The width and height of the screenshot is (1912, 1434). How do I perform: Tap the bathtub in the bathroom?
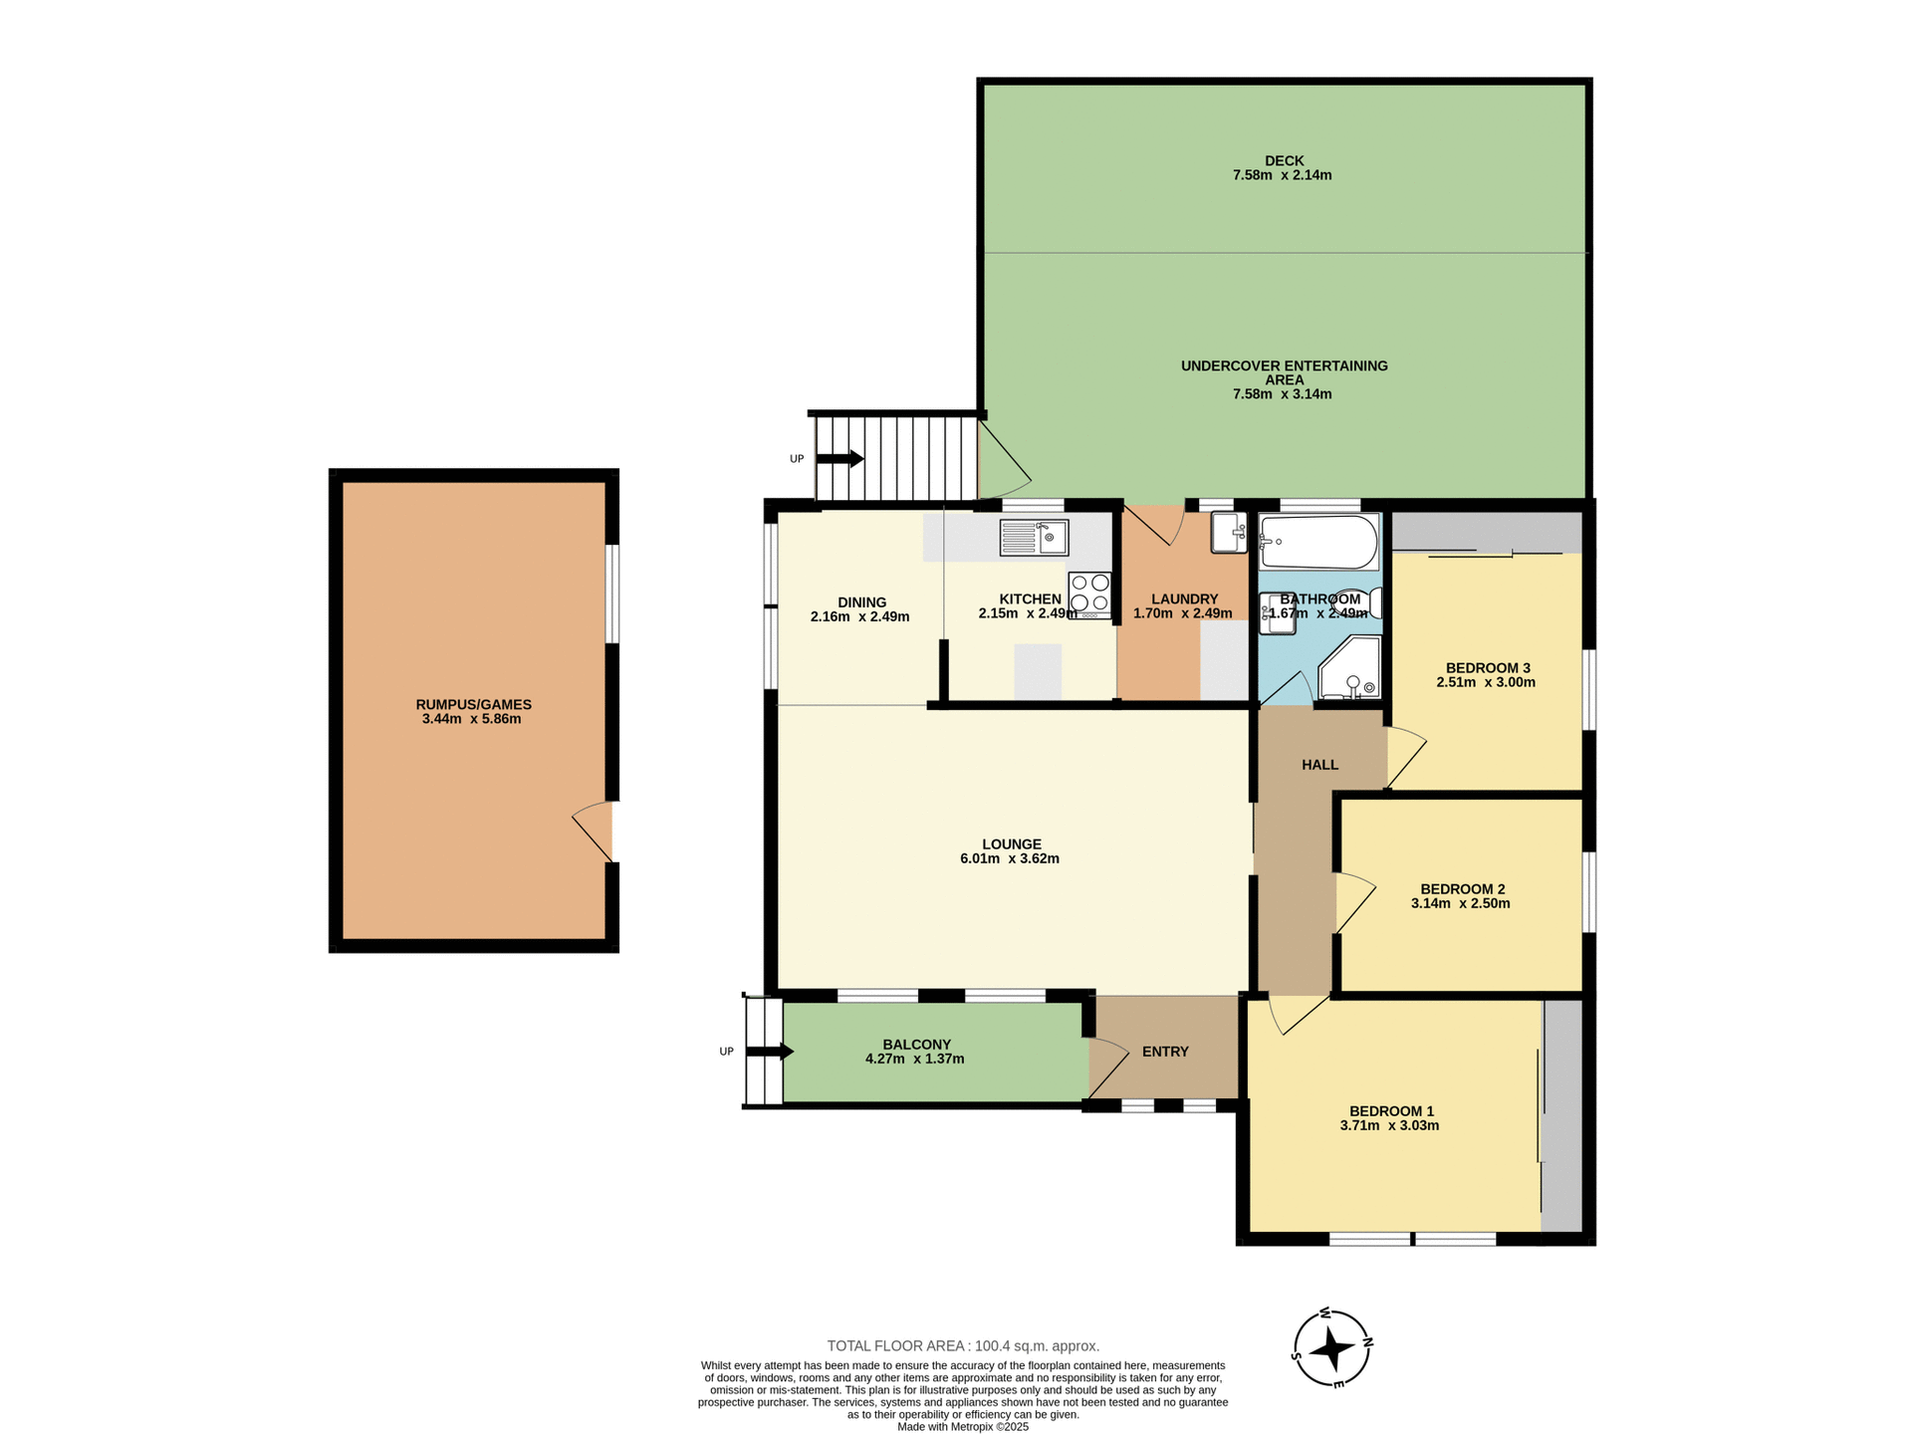click(1318, 542)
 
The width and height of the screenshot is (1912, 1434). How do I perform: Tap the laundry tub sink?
click(1229, 532)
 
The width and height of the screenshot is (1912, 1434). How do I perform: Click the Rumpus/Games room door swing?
click(594, 830)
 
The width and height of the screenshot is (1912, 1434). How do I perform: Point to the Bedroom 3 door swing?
click(1405, 756)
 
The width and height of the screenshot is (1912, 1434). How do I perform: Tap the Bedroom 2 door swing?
click(1354, 901)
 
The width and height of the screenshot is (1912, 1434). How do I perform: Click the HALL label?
click(1319, 765)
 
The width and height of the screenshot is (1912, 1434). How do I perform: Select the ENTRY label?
click(1165, 1052)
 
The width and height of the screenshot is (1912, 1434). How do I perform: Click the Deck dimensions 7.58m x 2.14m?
click(1282, 175)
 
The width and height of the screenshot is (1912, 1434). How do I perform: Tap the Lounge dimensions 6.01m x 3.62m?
click(1009, 858)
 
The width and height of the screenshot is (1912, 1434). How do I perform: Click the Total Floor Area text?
click(962, 1346)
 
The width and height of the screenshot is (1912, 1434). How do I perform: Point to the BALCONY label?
click(916, 1045)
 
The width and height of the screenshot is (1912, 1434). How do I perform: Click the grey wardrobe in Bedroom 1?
click(1561, 1115)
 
